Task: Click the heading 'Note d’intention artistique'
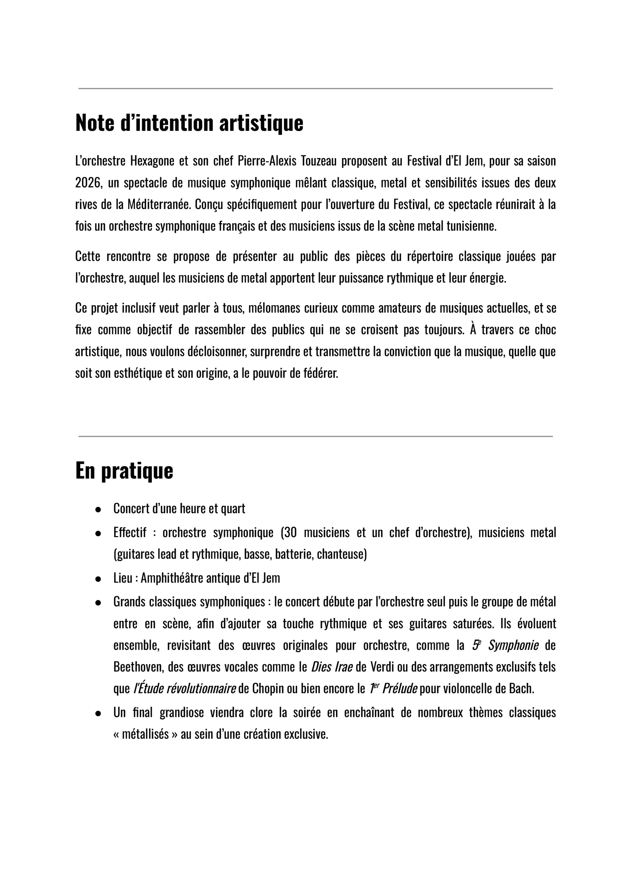(189, 123)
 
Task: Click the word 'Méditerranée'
(159, 204)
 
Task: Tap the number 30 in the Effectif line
(291, 532)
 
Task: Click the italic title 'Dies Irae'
(332, 667)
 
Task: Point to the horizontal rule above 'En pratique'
(315, 436)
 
